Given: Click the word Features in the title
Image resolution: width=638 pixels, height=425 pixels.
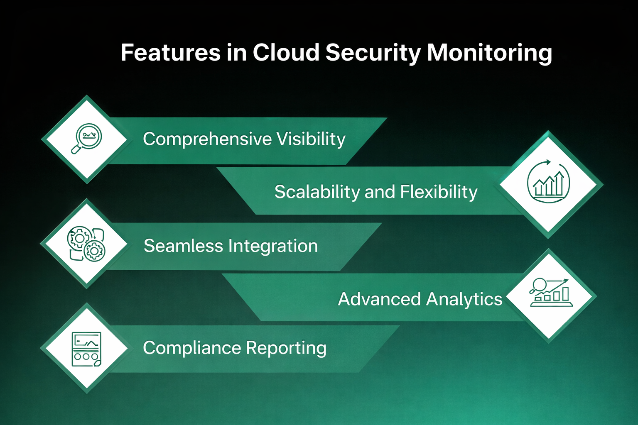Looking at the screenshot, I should pos(170,53).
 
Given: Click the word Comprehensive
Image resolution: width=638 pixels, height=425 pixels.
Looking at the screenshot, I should pos(207,139).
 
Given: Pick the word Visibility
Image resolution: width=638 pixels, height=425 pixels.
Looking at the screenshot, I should pos(311,139).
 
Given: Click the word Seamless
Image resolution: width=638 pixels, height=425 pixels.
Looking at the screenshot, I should pos(183,246).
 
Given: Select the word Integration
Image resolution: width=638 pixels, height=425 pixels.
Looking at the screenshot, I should pos(273,246).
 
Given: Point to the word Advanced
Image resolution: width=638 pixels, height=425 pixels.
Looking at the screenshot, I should pos(379,299).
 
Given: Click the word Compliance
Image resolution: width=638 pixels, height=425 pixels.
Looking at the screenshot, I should pos(191,348).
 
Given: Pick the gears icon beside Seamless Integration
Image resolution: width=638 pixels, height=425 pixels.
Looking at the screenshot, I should pos(86,244).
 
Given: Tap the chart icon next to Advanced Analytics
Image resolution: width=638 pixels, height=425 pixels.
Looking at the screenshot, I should pos(551,293).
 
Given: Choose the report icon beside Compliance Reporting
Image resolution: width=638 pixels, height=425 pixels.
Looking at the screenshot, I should pos(86,349).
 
